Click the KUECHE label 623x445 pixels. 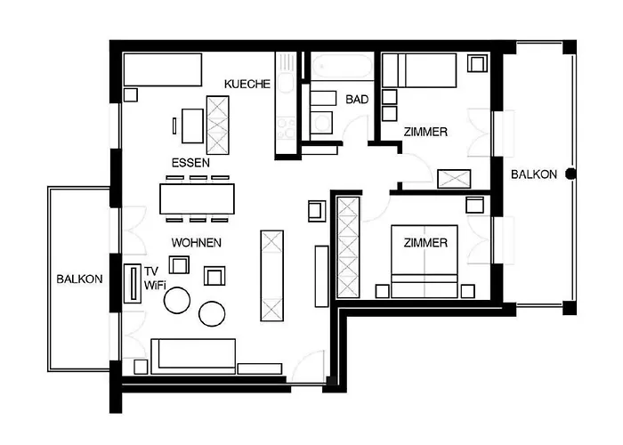pos(247,84)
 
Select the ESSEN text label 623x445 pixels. pos(191,164)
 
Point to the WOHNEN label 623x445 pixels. pos(197,242)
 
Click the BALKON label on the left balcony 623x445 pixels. pos(79,279)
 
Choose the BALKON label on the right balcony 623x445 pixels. pos(534,174)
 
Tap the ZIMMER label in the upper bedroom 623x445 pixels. pos(425,132)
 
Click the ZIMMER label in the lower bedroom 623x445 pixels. pos(425,242)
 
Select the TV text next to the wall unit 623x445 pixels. pos(151,270)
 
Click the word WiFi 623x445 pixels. pos(155,286)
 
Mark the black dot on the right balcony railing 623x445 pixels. pos(570,174)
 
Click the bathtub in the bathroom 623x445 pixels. pos(340,67)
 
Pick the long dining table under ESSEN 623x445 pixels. pos(198,198)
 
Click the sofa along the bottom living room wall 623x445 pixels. pos(193,356)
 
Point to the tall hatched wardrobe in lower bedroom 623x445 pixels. pos(347,247)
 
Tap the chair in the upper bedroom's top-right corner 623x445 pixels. pos(477,63)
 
